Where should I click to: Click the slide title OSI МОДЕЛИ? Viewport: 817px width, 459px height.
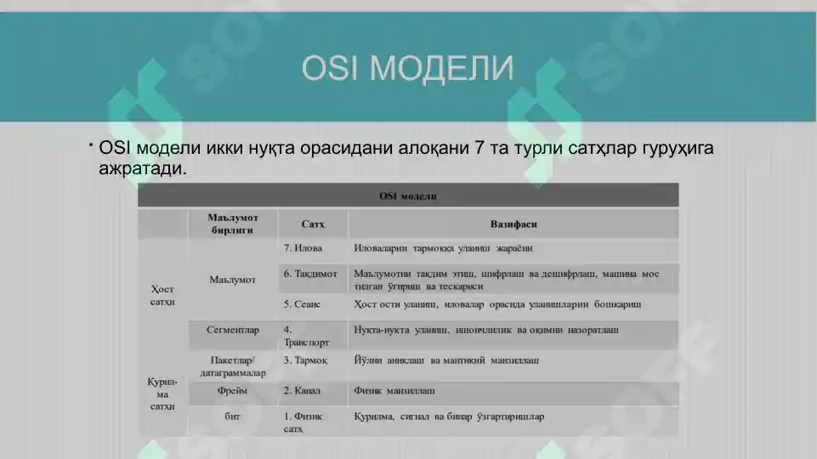coord(408,68)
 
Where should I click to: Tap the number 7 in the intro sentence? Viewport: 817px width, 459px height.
coord(480,148)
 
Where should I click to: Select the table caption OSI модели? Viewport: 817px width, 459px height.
coord(408,196)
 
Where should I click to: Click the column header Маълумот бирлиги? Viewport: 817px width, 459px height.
coord(231,224)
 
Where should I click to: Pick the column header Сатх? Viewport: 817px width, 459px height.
coord(312,224)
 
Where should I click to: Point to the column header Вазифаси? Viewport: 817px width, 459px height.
coord(513,224)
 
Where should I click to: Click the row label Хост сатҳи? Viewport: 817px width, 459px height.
coord(162,295)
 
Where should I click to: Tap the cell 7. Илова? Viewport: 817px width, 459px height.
coord(303,249)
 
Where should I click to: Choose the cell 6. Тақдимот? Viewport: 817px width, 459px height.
coord(310,275)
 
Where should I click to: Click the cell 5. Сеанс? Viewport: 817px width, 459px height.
coord(302,303)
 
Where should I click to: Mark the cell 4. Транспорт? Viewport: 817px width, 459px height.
coord(306,336)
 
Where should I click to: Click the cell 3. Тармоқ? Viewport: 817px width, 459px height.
coord(305,360)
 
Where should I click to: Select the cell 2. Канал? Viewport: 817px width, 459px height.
coord(302,391)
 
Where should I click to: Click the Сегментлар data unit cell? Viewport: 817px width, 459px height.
coord(232,329)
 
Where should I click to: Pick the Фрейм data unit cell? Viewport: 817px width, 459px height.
coord(231,391)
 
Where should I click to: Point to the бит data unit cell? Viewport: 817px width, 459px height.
coord(231,416)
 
